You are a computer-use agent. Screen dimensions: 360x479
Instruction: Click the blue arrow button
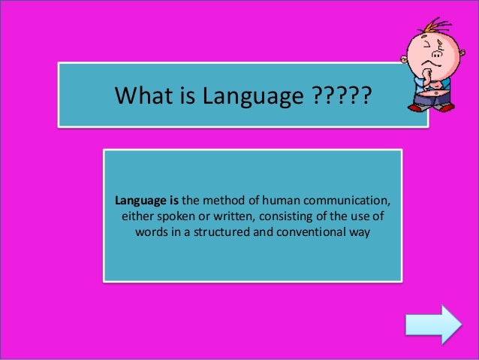pyautogui.click(x=433, y=325)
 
